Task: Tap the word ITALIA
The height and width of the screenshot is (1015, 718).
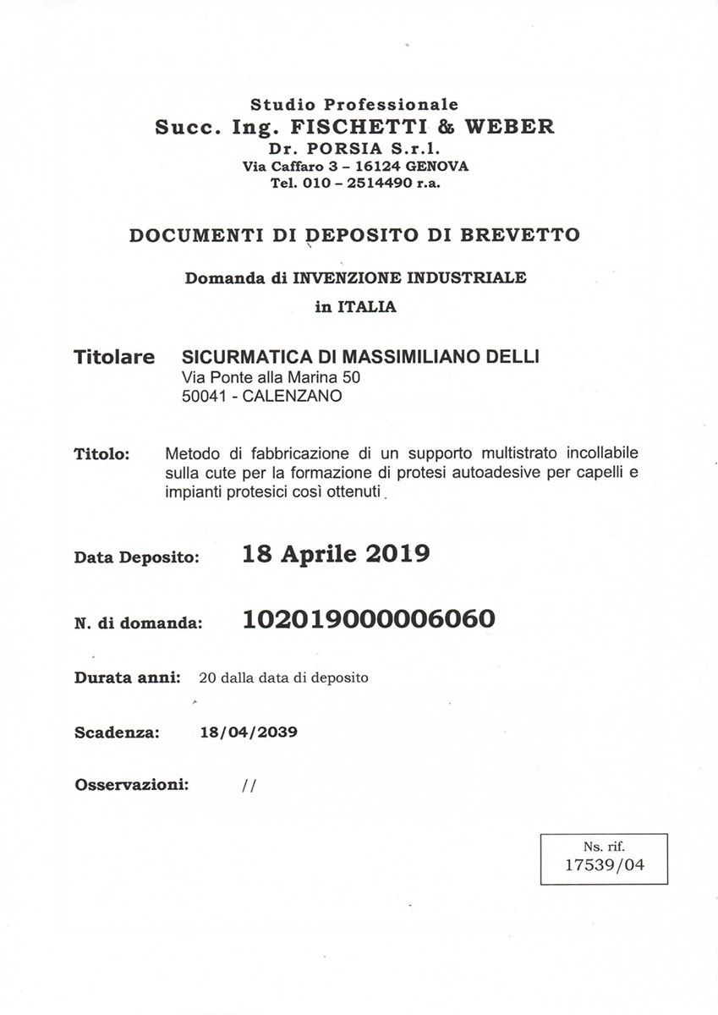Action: click(367, 307)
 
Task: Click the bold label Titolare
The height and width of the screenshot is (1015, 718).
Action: click(114, 357)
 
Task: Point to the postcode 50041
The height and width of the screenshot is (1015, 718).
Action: click(202, 395)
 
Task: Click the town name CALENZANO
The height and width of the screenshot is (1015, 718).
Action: click(292, 395)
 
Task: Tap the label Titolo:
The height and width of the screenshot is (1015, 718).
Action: click(101, 455)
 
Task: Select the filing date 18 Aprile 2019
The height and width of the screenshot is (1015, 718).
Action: click(336, 554)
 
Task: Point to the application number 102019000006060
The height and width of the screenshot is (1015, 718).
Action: click(369, 620)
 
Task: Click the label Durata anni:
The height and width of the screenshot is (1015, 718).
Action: click(128, 678)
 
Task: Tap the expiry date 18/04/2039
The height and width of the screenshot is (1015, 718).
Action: click(249, 732)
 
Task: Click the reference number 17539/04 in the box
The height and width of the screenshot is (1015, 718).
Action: click(604, 865)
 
